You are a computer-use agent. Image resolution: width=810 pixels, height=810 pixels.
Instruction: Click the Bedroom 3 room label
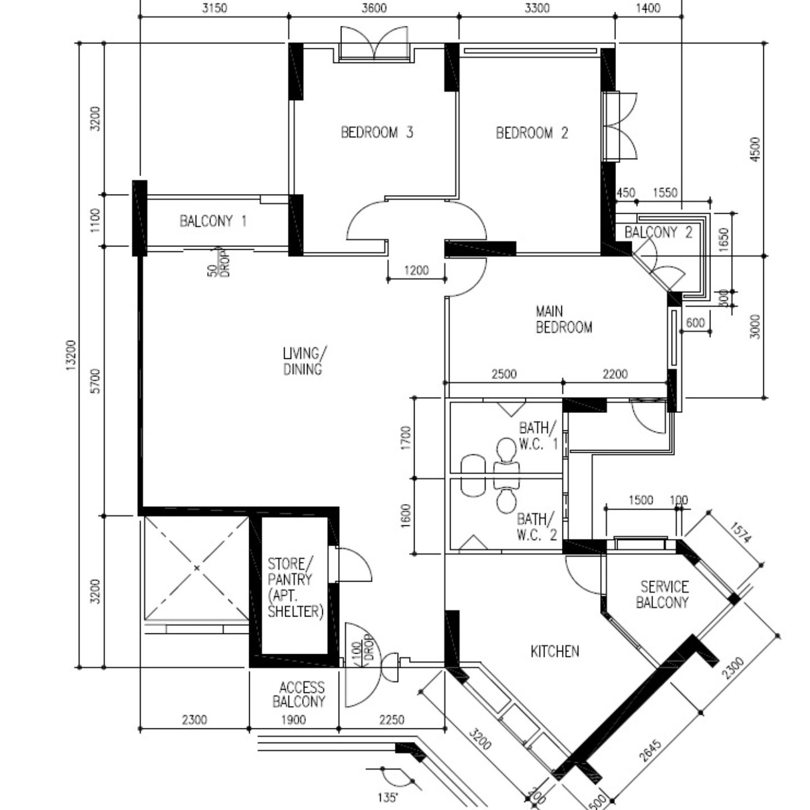[x=377, y=133]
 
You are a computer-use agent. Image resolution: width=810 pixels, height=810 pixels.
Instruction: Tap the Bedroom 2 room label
[x=532, y=133]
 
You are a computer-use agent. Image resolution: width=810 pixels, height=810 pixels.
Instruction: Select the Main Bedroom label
[x=563, y=319]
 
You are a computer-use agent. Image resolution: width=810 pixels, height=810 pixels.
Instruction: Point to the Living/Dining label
[x=304, y=361]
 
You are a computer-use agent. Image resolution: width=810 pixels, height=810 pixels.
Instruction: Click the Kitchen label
[x=555, y=651]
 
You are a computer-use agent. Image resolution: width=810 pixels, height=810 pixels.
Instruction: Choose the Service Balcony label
[x=663, y=595]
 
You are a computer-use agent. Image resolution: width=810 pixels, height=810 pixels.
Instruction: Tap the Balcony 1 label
[x=213, y=221]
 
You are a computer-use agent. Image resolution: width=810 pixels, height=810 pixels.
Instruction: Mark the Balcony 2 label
[x=658, y=232]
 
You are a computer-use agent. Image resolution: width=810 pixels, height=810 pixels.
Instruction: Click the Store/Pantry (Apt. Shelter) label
[x=295, y=588]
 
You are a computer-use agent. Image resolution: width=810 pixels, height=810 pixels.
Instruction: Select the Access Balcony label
[x=300, y=694]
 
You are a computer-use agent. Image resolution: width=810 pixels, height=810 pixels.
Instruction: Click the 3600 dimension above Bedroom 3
[x=374, y=8]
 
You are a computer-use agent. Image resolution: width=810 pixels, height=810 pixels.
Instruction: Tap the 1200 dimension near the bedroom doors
[x=416, y=271]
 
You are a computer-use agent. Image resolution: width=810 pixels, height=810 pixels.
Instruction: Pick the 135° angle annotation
[x=388, y=797]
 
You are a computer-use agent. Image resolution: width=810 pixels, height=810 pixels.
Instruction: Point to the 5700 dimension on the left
[x=96, y=381]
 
